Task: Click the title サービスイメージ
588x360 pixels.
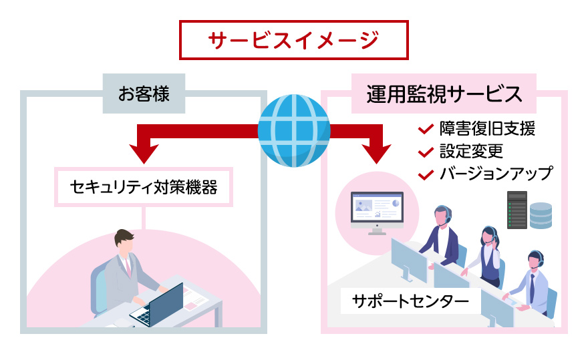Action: [293, 40]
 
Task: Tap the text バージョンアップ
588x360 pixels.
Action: [496, 174]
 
